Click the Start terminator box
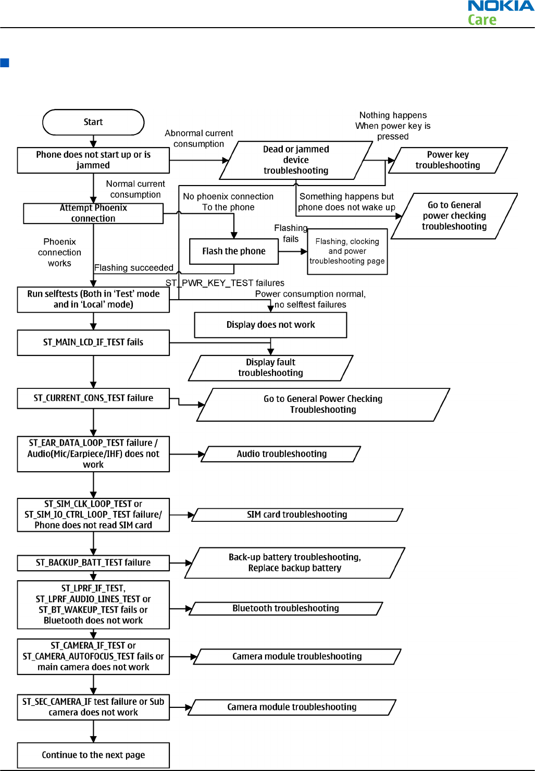point(93,122)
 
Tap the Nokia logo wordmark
point(501,6)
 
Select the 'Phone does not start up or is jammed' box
point(93,161)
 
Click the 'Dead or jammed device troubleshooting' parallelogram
point(296,160)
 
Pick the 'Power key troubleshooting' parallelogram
point(447,160)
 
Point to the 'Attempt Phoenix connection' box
point(93,213)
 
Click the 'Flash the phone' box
point(234,251)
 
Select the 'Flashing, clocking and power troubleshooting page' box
point(347,251)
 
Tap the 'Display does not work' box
point(270,325)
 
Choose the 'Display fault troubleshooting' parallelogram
point(270,368)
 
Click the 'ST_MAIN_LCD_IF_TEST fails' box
point(93,342)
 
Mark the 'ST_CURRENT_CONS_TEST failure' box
point(93,398)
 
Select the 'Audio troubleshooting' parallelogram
point(281,454)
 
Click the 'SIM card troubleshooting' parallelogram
point(297,515)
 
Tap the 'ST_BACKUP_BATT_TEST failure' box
point(93,563)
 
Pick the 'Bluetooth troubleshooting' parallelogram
point(286,608)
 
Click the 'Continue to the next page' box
point(93,755)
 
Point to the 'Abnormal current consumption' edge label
point(199,138)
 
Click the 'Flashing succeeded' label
point(134,268)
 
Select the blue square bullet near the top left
point(5,63)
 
